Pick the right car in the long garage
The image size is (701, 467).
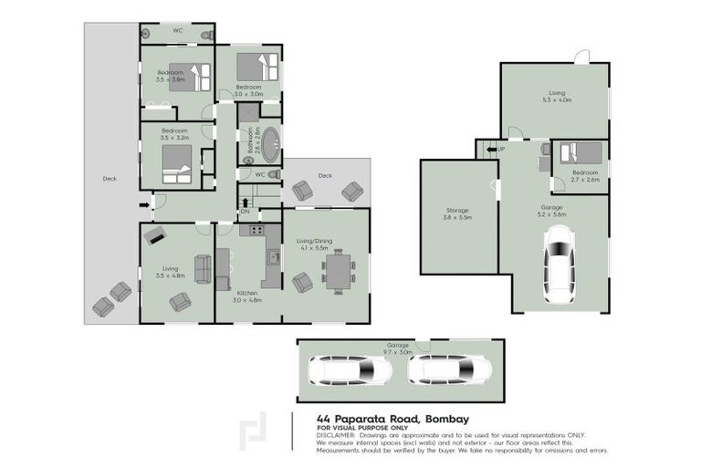tap(449, 369)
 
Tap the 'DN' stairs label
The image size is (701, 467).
tap(245, 213)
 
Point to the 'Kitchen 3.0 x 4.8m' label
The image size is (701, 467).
tap(246, 296)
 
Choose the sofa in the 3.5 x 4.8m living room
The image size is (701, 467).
tap(202, 269)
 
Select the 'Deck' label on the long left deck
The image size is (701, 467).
tap(110, 178)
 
